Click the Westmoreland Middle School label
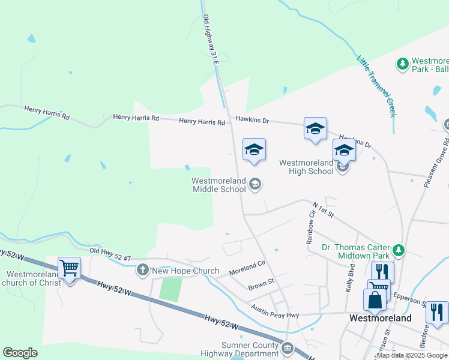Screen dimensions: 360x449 point(218,185)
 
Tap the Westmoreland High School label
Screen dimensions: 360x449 point(306,167)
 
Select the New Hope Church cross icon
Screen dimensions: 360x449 point(143,271)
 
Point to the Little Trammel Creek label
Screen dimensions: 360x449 point(376,86)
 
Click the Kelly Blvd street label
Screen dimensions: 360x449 point(351,277)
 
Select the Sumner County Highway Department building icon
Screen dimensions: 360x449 point(288,347)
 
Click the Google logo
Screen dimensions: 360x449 point(20,353)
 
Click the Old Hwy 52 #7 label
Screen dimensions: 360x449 point(110,254)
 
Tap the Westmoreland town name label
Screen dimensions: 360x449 point(381,319)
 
